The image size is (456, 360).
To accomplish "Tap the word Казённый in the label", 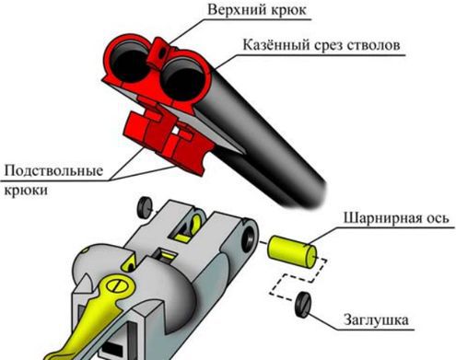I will pos(276,44).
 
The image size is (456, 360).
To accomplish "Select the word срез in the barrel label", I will pos(332,44).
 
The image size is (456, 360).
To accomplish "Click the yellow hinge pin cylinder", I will pos(293,250).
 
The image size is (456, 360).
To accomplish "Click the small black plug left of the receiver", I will pos(145,204).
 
